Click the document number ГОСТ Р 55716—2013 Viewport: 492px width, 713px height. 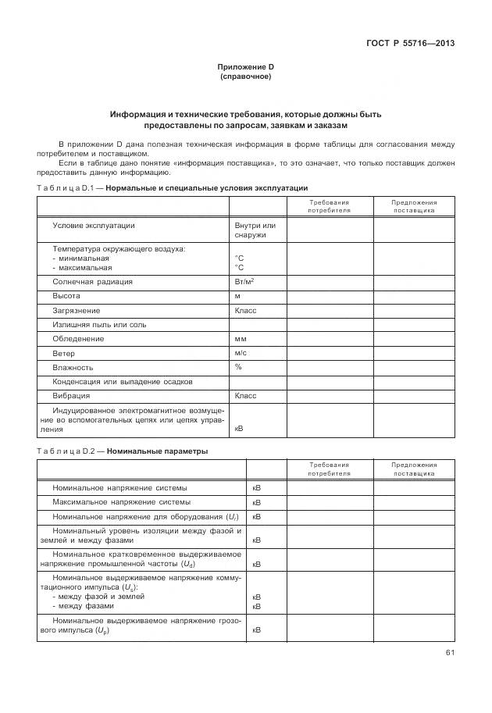(410, 43)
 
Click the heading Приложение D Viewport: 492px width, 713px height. (245, 68)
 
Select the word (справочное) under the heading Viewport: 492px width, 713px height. (245, 77)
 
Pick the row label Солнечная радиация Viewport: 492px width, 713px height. (92, 282)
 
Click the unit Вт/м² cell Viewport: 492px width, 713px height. (244, 282)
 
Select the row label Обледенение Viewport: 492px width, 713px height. (78, 339)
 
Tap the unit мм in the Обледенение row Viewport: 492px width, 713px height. (241, 339)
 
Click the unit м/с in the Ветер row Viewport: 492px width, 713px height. (241, 353)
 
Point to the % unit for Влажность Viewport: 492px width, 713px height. (238, 367)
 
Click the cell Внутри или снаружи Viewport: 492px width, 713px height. (255, 230)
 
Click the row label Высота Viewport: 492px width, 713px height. (66, 296)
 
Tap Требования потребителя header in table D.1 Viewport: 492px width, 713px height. (329, 206)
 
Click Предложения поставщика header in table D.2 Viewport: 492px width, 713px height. (414, 469)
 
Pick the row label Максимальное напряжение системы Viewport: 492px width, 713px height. (121, 501)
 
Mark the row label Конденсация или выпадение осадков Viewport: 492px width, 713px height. (122, 382)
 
